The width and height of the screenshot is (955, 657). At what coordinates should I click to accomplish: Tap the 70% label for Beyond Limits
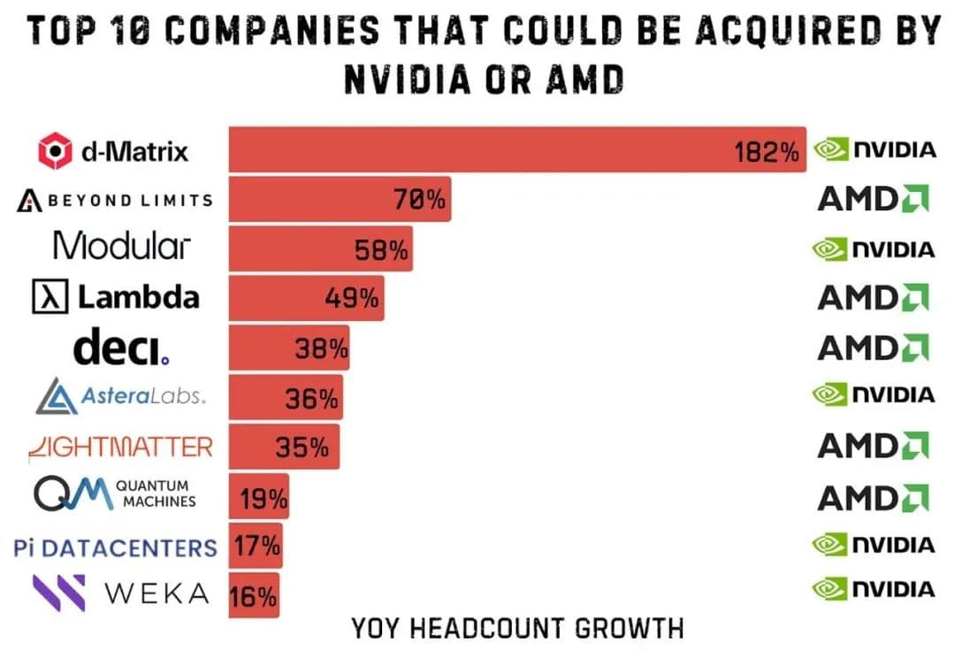point(419,200)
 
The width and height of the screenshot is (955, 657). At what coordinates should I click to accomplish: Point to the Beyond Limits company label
point(115,200)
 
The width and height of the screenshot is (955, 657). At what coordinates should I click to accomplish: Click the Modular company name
point(121,246)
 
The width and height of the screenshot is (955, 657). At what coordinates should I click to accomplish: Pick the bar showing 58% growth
point(320,249)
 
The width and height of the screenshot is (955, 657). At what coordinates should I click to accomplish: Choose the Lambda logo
point(115,297)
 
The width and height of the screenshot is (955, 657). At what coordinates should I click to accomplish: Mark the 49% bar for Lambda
point(306,299)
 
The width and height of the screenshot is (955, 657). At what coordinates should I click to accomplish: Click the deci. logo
point(121,348)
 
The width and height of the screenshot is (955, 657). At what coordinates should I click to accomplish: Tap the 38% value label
point(321,349)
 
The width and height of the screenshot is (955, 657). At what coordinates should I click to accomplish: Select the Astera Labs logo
point(121,397)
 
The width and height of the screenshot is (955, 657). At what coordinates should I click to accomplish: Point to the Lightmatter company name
point(120,447)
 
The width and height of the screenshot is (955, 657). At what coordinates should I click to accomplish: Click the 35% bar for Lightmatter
point(283,447)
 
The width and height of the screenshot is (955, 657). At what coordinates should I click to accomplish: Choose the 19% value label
point(264,500)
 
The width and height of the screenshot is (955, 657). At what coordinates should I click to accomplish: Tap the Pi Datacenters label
point(116,548)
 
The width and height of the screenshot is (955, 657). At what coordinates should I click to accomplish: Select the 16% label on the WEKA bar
point(254,597)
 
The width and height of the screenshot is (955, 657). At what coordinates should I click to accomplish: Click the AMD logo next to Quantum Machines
point(873,497)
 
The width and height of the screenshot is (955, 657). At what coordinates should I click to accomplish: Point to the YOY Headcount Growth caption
point(517,629)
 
